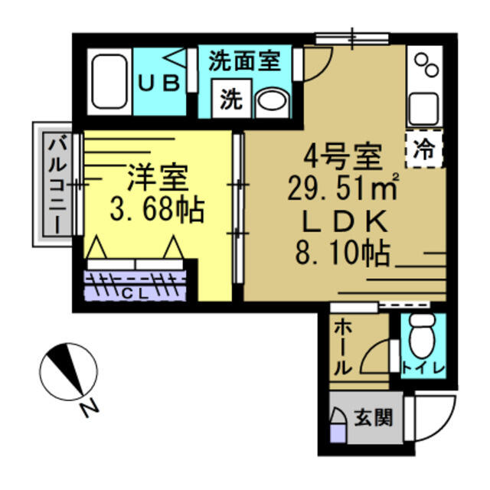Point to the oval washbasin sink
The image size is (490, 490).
[269, 100]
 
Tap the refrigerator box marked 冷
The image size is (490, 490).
[424, 149]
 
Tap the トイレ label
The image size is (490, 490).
[423, 367]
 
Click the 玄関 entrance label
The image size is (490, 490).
[374, 418]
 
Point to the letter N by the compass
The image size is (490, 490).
[90, 409]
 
